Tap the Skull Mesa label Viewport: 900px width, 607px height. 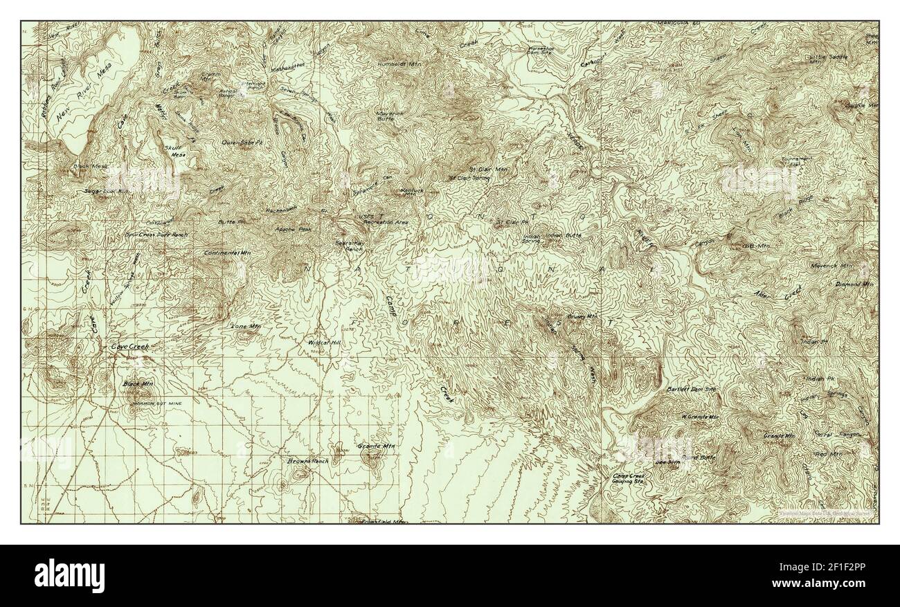(x=172, y=151)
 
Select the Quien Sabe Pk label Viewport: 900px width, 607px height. (x=242, y=143)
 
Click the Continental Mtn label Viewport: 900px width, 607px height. (x=227, y=253)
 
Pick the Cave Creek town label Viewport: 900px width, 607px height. (x=130, y=345)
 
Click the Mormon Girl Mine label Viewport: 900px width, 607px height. (x=153, y=400)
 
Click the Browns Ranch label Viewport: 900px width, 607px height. (x=308, y=460)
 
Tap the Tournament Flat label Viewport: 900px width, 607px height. (x=796, y=161)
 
